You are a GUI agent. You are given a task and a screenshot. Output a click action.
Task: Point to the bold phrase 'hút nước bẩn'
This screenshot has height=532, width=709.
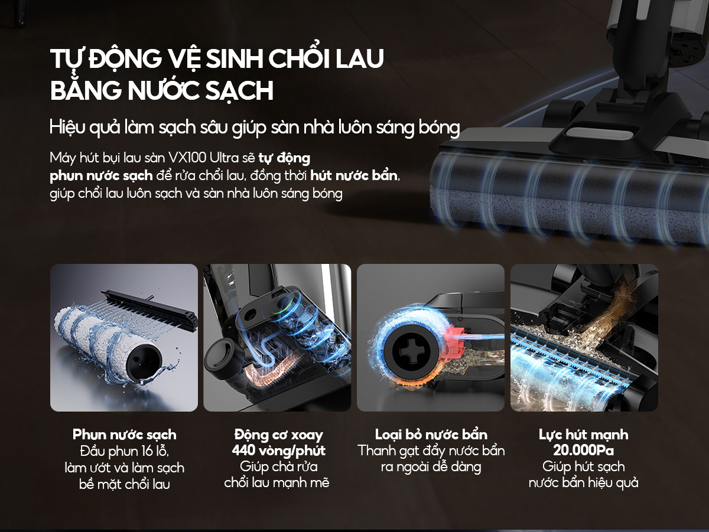click(x=354, y=175)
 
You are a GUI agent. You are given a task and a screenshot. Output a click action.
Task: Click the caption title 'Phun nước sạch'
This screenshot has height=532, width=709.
click(x=124, y=435)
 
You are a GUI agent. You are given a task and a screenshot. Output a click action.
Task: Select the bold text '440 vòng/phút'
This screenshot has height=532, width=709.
click(x=278, y=451)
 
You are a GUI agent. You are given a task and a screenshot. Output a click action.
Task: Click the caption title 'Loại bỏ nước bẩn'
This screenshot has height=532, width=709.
click(x=431, y=435)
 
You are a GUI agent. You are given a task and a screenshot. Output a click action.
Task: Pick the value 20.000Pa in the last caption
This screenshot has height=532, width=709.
click(x=583, y=451)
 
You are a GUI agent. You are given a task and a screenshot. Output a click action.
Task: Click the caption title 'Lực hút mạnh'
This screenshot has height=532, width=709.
click(x=583, y=435)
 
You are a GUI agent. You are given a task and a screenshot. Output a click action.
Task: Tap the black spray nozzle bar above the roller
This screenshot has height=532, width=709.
click(x=149, y=310)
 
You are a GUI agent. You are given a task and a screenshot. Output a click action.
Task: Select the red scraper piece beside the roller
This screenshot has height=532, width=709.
click(x=456, y=342)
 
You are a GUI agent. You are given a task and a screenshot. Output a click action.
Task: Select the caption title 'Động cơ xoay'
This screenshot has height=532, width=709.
click(x=278, y=435)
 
